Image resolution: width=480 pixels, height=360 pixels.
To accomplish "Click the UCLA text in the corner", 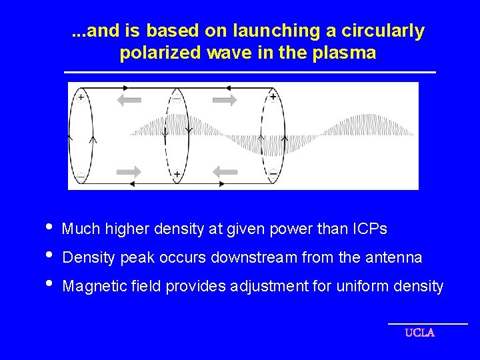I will [x=419, y=333].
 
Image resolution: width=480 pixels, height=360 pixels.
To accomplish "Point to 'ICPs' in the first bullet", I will [x=368, y=229].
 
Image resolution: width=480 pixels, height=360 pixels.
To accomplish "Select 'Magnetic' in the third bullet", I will [x=89, y=287].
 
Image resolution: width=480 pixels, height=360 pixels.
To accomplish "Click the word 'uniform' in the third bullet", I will [x=360, y=287].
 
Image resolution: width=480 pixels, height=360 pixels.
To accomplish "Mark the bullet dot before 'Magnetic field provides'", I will [x=46, y=285].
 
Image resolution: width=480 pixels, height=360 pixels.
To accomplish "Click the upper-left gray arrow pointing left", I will [x=130, y=100].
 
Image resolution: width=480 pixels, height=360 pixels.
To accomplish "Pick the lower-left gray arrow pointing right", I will [x=130, y=171].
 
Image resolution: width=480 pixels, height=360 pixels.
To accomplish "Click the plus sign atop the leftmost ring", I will [x=81, y=97].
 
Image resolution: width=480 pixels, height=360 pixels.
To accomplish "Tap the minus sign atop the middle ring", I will [x=177, y=98].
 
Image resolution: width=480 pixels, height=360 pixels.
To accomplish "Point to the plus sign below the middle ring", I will [x=177, y=174].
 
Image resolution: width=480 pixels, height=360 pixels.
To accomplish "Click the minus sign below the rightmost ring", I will [x=273, y=174].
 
